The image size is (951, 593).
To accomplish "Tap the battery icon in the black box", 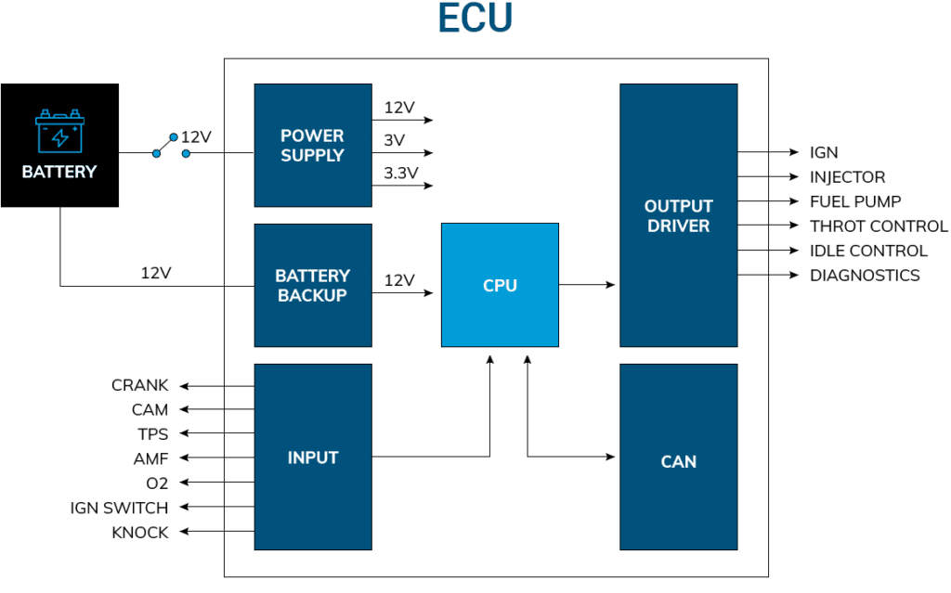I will click(59, 132).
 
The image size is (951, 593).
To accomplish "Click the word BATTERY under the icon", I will click(59, 173).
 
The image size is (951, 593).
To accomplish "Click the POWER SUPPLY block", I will click(313, 146).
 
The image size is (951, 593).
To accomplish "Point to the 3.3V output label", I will click(401, 174).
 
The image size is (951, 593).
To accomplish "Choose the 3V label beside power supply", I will click(394, 140).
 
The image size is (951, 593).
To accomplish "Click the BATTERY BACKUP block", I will click(313, 285).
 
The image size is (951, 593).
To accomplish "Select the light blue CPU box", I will click(500, 286).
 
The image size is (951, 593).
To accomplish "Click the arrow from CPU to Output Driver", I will click(589, 285).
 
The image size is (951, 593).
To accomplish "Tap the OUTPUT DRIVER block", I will click(678, 216).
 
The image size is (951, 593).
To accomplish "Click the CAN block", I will click(678, 461).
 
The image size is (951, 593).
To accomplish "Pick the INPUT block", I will click(313, 458).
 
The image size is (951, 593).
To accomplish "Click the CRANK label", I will click(139, 385).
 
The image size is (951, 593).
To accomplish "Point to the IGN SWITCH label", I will click(119, 508).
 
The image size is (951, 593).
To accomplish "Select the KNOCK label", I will click(139, 533).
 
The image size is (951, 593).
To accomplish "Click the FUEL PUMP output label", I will click(855, 201).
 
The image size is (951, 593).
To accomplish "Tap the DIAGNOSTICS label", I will click(865, 275).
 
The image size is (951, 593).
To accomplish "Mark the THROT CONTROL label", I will click(879, 226).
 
